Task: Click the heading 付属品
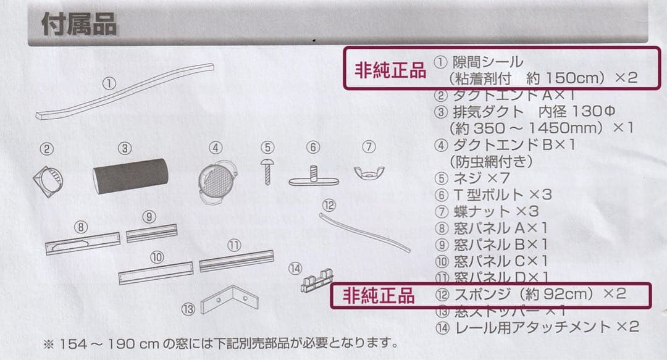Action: pyautogui.click(x=78, y=26)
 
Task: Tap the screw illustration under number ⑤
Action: pyautogui.click(x=267, y=170)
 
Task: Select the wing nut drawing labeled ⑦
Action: pyautogui.click(x=369, y=170)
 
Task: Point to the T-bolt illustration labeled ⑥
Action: pyautogui.click(x=313, y=175)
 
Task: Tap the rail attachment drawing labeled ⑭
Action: pyautogui.click(x=316, y=282)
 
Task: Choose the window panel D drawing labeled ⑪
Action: pyautogui.click(x=236, y=261)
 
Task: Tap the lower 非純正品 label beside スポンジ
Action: pyautogui.click(x=379, y=296)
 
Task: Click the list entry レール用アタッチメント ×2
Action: pyautogui.click(x=545, y=327)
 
